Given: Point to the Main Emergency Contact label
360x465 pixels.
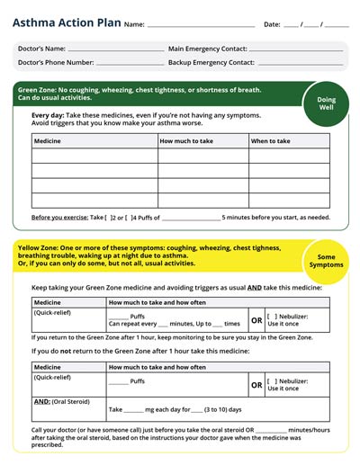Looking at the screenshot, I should coord(207,49).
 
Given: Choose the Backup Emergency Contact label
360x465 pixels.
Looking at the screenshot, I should coord(211,63).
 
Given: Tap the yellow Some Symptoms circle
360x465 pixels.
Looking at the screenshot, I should coord(326,261).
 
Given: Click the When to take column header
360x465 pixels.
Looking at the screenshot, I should coord(271,141).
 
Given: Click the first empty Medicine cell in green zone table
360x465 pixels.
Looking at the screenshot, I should coord(94,156).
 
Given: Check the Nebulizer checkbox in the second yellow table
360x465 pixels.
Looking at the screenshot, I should coord(273,380).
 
